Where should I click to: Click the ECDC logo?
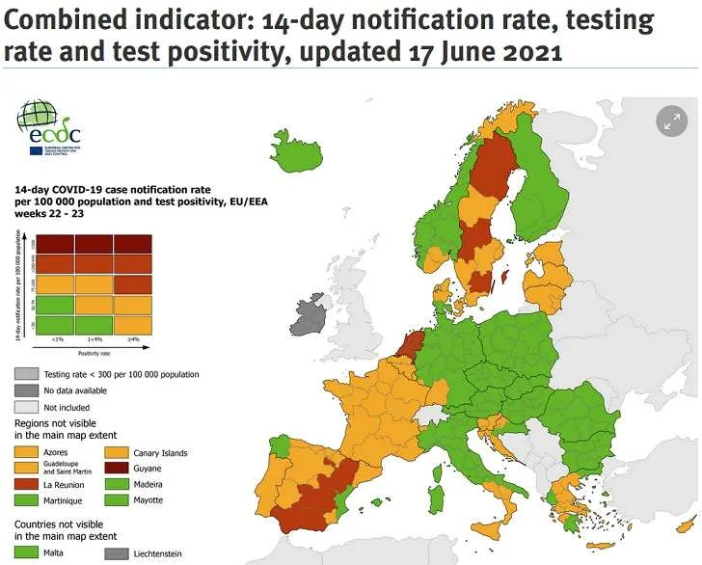48,128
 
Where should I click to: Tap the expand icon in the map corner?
670,121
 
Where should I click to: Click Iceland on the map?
298,150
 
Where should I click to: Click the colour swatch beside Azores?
27,452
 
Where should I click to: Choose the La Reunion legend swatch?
27,485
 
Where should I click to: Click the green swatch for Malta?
27,552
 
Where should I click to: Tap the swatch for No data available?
27,390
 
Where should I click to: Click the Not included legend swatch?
27,407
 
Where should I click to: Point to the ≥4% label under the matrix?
133,340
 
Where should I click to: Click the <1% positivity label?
57,340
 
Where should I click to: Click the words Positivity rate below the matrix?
94,354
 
